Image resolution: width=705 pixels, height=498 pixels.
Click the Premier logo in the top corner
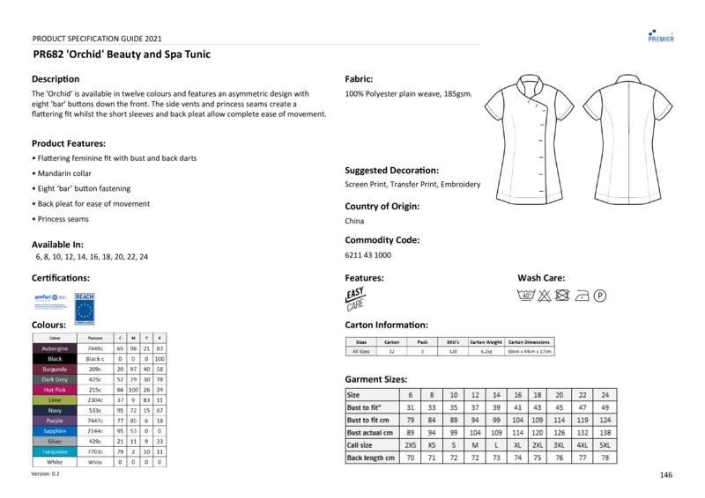coord(660,34)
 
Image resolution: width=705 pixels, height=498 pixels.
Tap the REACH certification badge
coord(85,304)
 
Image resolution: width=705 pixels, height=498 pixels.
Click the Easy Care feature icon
coord(355,298)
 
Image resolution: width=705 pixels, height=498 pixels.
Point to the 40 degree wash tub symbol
coord(526,296)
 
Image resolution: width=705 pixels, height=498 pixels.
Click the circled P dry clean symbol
coord(600,296)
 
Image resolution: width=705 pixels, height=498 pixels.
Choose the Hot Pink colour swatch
coord(55,389)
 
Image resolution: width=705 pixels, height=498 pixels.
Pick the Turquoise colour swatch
coord(55,450)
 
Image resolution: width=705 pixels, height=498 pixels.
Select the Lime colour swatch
coord(55,399)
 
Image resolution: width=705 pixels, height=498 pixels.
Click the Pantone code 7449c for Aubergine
coord(95,348)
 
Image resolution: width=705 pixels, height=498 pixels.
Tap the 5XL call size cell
coord(605,445)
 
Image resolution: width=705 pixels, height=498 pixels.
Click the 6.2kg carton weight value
coord(486,351)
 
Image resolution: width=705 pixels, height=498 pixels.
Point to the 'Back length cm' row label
coord(371,458)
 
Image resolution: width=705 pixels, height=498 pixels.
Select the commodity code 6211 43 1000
coord(368,255)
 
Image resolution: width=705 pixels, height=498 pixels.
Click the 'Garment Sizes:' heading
coord(376,378)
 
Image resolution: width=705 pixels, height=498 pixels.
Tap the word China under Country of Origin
coord(354,222)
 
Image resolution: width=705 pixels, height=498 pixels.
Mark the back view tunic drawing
coord(622,137)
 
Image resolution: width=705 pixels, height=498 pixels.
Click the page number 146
coord(665,475)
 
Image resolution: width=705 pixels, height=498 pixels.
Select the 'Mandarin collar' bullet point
coord(63,173)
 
